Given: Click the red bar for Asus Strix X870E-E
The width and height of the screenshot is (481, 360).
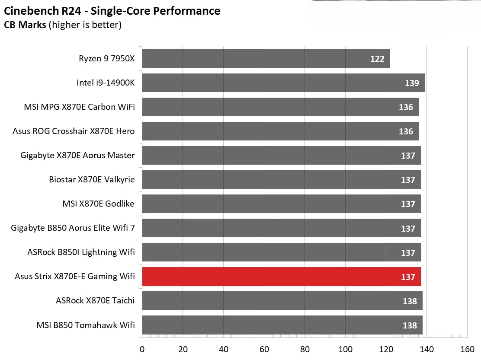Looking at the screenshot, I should [281, 277].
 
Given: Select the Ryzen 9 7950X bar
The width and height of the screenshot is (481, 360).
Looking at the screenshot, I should [266, 58].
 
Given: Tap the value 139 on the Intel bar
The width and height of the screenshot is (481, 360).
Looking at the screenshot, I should [412, 83].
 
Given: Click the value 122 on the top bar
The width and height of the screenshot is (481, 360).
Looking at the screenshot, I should [377, 59].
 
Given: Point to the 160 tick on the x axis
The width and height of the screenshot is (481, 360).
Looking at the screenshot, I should [467, 349].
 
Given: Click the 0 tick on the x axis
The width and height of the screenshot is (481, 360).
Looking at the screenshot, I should [142, 349].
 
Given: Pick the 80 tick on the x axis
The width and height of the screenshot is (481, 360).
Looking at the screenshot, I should [305, 349].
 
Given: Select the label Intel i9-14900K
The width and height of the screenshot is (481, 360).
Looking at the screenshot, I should [106, 83].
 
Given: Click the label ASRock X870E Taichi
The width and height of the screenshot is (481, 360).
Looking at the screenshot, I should [95, 301].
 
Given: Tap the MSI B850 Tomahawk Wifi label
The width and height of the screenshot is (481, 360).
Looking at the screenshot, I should [86, 325].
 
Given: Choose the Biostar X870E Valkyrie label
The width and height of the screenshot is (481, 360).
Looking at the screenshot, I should [92, 179].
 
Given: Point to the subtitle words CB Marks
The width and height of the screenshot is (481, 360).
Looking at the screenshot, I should [25, 25].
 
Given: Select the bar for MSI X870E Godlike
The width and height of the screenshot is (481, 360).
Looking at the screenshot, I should [281, 204].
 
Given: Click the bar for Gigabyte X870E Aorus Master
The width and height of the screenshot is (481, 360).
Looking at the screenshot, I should [281, 155].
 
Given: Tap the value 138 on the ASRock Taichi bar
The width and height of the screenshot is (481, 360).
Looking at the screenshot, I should [410, 301].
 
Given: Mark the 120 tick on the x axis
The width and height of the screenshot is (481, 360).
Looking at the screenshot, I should [386, 349].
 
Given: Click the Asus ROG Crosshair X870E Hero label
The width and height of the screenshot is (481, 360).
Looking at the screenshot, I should [74, 131].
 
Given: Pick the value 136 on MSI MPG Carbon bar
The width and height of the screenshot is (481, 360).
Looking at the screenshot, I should [406, 107].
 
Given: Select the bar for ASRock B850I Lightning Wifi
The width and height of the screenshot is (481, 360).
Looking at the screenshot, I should [281, 252].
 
